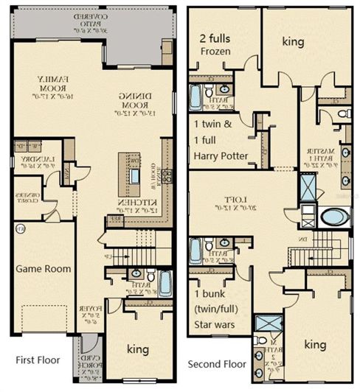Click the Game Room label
click(44, 269)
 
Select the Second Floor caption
click(217, 364)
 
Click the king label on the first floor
click(136, 349)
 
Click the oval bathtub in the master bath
click(334, 217)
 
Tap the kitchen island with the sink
click(135, 175)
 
